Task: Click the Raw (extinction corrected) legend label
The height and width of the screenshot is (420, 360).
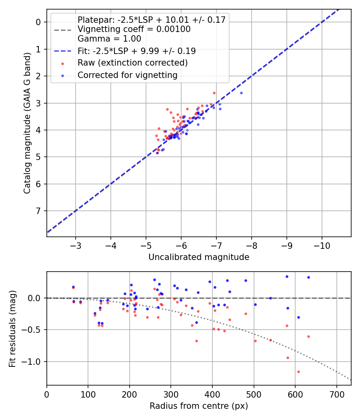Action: [132, 63]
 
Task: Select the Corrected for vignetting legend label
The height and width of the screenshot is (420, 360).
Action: [127, 75]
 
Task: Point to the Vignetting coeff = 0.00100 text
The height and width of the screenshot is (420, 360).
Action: [134, 29]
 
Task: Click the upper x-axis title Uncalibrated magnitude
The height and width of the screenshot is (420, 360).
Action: [199, 257]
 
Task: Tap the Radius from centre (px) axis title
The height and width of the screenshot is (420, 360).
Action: [199, 406]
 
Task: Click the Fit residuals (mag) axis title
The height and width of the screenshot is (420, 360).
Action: [12, 328]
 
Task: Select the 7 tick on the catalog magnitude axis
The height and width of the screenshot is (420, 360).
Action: [38, 211]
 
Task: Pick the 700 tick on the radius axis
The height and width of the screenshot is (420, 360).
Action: [336, 394]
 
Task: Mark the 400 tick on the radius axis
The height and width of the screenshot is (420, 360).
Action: [212, 394]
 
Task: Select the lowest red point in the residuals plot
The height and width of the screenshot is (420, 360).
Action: [298, 372]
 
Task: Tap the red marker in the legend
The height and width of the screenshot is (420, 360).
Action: [62, 63]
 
